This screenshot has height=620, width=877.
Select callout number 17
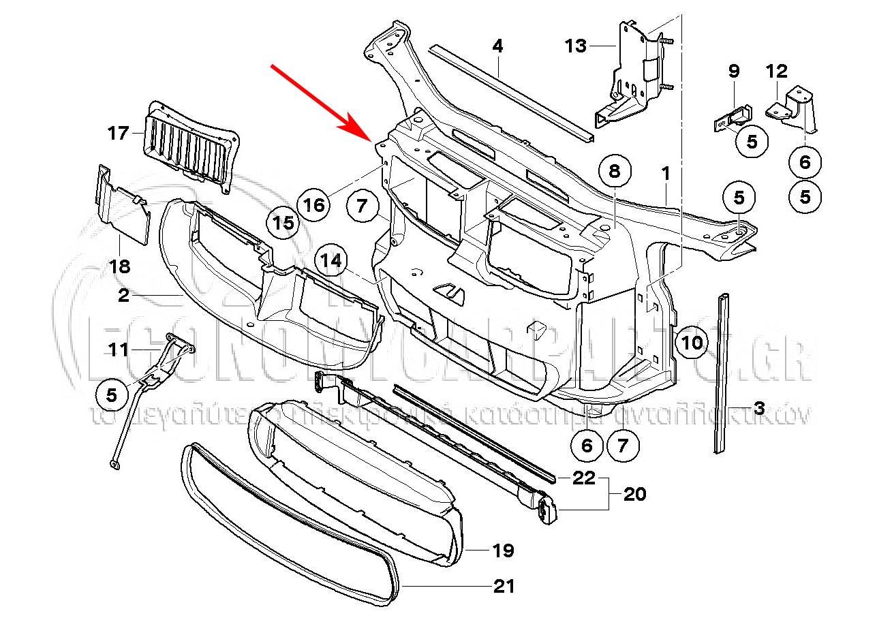tap(118, 132)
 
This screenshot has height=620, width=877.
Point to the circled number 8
tap(615, 172)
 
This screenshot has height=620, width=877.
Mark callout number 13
tap(576, 46)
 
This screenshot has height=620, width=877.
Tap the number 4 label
tap(497, 46)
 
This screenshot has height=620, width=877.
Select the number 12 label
tap(777, 70)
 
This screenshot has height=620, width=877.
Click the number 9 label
tap(734, 70)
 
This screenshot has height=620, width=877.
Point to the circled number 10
tap(692, 341)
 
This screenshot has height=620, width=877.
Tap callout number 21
tap(504, 586)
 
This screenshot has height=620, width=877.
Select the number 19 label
tap(503, 551)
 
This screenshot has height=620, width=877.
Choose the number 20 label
tap(634, 494)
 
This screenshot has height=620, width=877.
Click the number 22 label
tap(584, 478)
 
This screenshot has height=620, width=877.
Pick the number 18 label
tap(120, 266)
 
